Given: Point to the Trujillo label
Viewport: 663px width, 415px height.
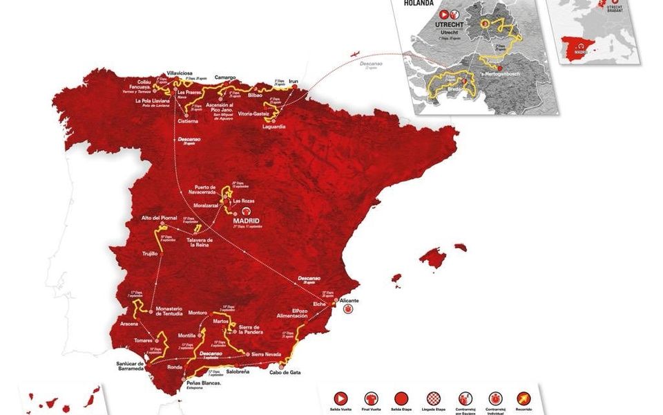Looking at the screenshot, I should tap(151, 253).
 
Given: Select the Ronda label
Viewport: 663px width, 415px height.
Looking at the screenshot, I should tap(175, 367).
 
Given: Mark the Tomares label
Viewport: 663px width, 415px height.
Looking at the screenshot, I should tap(144, 340).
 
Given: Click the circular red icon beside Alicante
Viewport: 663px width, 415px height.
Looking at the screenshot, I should tap(348, 311).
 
